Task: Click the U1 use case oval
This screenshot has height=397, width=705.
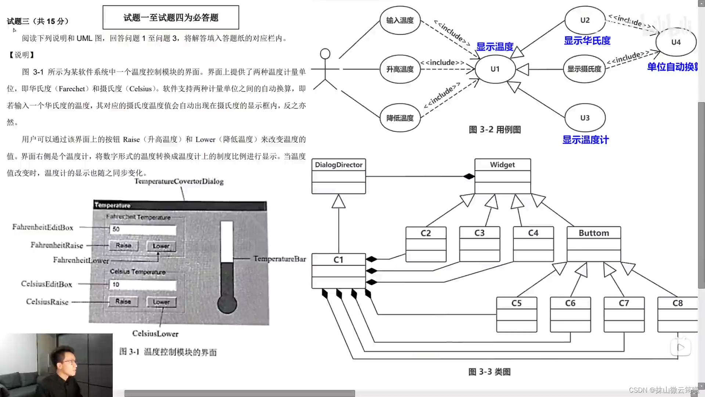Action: click(x=495, y=69)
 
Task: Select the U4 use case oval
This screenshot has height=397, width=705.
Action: click(x=676, y=42)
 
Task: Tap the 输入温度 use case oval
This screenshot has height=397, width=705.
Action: click(x=400, y=21)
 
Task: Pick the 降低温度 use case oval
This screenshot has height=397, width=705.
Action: click(x=400, y=118)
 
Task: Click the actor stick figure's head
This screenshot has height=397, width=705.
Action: click(x=325, y=54)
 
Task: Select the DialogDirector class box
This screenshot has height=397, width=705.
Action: click(x=339, y=176)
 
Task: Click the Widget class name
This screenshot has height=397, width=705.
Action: click(x=502, y=165)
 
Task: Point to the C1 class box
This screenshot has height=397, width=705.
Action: click(x=339, y=271)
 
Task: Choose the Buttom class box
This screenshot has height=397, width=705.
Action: click(x=594, y=244)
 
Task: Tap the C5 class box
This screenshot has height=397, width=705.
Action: click(x=516, y=314)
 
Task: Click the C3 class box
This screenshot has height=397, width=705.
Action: click(x=480, y=244)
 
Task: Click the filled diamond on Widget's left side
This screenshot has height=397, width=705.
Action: click(x=469, y=176)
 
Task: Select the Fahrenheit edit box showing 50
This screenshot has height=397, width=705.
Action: click(x=143, y=229)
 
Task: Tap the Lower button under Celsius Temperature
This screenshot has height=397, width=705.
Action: click(x=161, y=302)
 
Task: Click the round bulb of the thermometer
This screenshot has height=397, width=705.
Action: click(x=227, y=304)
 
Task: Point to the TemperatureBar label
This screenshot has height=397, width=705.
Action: click(x=279, y=259)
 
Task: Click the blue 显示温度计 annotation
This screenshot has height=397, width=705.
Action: click(x=585, y=140)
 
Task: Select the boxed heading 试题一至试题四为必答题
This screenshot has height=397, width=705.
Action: click(x=171, y=18)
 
